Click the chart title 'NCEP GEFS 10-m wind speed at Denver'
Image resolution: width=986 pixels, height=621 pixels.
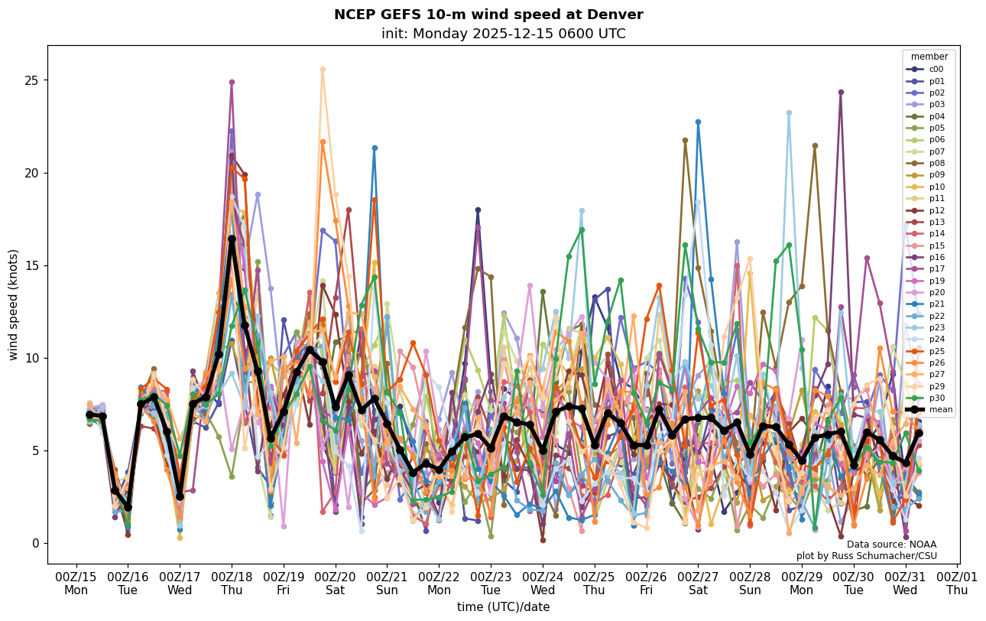pos(488,15)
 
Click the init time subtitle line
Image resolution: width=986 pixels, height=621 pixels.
pos(503,34)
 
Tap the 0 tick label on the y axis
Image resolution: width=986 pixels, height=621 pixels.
pos(34,544)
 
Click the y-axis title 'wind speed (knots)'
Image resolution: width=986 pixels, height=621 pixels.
pos(14,304)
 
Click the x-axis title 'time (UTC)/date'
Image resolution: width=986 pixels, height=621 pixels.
pos(503,607)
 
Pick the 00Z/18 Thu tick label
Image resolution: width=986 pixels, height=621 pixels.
pos(232,584)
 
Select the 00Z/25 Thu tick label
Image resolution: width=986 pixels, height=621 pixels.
pos(595,584)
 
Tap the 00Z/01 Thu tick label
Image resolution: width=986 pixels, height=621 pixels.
pos(957,584)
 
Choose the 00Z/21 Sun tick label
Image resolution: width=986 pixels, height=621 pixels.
pos(388,584)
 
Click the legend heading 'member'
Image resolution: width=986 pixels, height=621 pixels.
pos(929,57)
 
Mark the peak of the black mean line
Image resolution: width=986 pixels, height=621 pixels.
pos(232,239)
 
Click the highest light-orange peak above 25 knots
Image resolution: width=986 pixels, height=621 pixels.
pos(323,70)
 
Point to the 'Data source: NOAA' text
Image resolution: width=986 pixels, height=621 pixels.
pos(891,545)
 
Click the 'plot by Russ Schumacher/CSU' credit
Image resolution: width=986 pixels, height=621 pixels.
pos(866,556)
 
